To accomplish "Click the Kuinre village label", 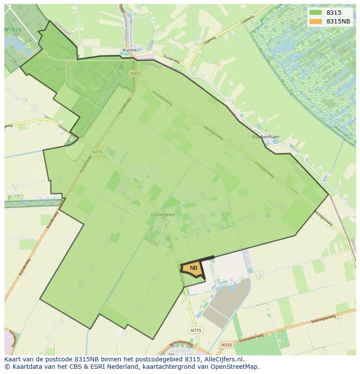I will (x=130, y=50).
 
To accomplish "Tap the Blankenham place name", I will (x=266, y=136).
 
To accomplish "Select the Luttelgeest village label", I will (x=163, y=215).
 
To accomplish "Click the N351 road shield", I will (x=135, y=74).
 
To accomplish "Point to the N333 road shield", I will (x=226, y=345).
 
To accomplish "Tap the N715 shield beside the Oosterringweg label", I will (x=97, y=152).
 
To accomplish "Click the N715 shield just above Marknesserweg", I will (x=196, y=331).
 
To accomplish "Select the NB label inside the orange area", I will (x=193, y=268).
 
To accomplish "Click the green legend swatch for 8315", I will (x=316, y=13).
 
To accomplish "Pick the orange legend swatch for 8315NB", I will (x=316, y=21).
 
